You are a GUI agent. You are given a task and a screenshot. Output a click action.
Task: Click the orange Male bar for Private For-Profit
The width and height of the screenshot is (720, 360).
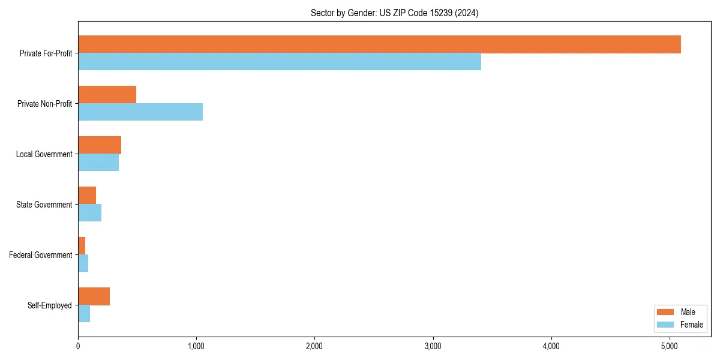pyautogui.click(x=379, y=44)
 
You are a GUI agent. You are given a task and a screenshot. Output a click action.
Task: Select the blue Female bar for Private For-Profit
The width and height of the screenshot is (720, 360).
pyautogui.click(x=280, y=62)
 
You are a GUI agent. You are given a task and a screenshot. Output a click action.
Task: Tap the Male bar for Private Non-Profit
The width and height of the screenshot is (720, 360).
pyautogui.click(x=107, y=95)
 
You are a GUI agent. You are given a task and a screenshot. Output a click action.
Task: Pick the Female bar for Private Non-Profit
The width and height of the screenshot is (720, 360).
pyautogui.click(x=140, y=112)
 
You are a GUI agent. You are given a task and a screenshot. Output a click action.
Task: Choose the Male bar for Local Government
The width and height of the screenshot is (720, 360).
pyautogui.click(x=100, y=145)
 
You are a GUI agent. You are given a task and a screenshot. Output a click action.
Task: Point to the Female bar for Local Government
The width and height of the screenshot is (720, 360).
pyautogui.click(x=98, y=163)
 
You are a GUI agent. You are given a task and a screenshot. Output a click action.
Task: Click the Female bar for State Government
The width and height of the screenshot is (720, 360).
pyautogui.click(x=89, y=213)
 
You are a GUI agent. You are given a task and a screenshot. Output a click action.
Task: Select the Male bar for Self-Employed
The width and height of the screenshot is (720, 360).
pyautogui.click(x=94, y=296)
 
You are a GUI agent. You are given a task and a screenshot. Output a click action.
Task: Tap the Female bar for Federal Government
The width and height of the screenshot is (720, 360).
pyautogui.click(x=83, y=263)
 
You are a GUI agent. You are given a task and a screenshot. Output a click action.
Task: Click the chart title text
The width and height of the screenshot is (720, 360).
pyautogui.click(x=394, y=13)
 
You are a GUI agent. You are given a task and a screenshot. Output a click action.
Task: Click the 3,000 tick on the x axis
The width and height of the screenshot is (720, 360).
pyautogui.click(x=433, y=346)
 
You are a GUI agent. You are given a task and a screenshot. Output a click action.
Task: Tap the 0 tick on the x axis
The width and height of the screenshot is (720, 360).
pyautogui.click(x=78, y=346)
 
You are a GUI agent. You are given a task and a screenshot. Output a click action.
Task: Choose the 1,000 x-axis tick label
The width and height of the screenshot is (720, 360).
pyautogui.click(x=196, y=346)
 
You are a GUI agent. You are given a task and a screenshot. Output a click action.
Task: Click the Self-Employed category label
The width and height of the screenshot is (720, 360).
pyautogui.click(x=49, y=305)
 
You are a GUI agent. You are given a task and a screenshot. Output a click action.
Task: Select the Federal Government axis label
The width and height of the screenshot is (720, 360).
pyautogui.click(x=41, y=255)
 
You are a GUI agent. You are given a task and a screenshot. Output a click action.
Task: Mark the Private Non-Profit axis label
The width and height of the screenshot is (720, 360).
pyautogui.click(x=44, y=104)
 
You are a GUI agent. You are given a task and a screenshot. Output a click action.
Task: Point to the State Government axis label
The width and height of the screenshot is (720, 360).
pyautogui.click(x=44, y=205)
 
